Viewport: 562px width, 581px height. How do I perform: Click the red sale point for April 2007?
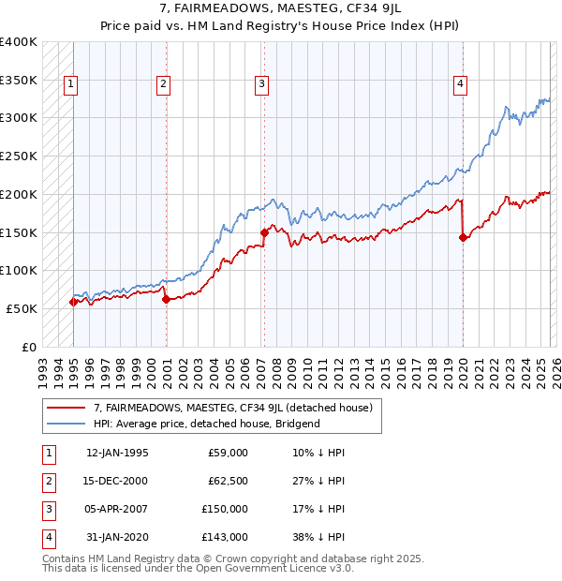pos(264,231)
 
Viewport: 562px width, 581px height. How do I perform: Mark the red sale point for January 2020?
pos(463,237)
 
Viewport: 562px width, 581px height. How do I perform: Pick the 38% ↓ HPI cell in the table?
pos(318,537)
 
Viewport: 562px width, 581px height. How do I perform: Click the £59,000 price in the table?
pos(226,453)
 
